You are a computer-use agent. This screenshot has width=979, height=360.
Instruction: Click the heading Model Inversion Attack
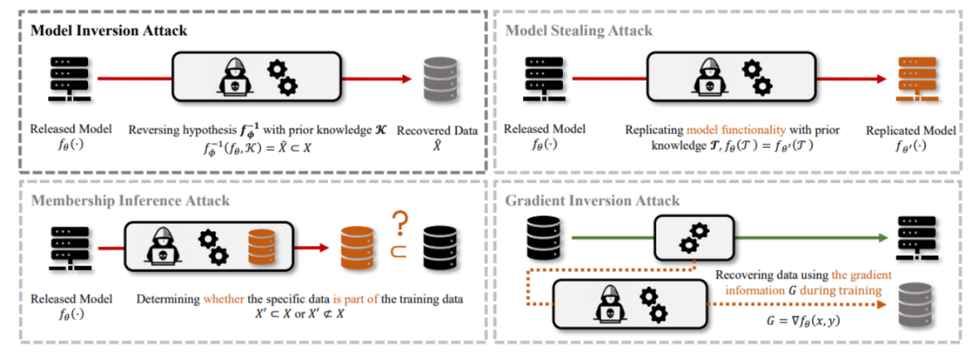coord(109,31)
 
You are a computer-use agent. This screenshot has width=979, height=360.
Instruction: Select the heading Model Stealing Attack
coord(578,31)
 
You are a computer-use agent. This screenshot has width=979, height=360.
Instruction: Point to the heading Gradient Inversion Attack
coord(593,200)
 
